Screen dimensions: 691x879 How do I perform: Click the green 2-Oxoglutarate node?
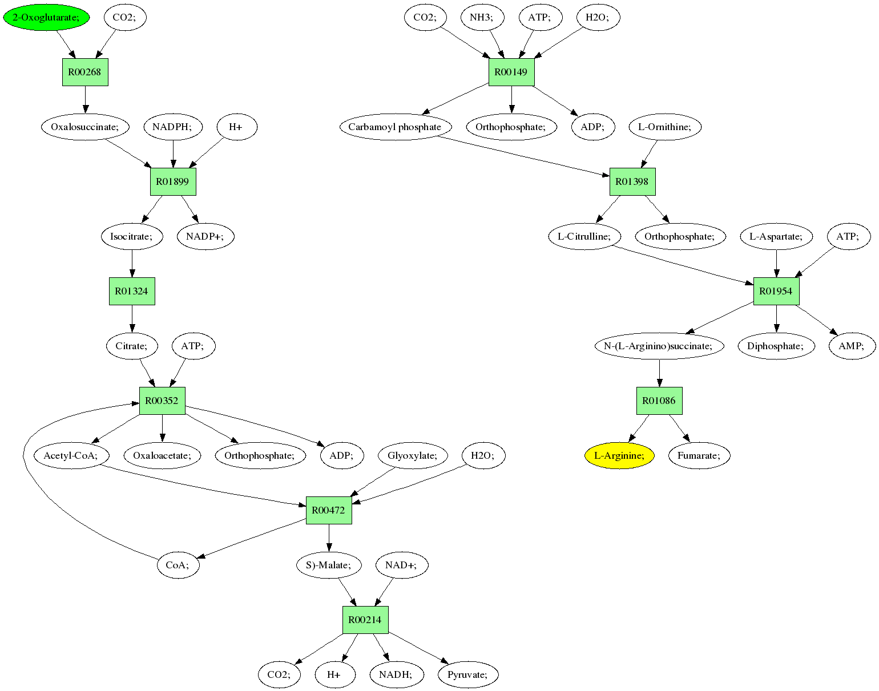(x=46, y=17)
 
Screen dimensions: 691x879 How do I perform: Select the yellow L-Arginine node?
(x=619, y=455)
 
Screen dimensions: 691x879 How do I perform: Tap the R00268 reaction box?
(x=85, y=72)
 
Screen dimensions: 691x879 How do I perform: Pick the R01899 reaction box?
(x=173, y=181)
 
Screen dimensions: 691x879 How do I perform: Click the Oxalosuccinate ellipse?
(x=85, y=127)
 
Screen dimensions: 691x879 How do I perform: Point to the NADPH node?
(x=173, y=127)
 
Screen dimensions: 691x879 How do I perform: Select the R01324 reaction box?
(x=132, y=291)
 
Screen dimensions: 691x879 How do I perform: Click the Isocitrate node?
(x=132, y=236)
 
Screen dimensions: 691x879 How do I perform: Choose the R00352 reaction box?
(x=162, y=401)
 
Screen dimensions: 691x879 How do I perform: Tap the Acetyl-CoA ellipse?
(x=71, y=455)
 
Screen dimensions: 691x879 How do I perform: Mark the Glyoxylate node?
(x=413, y=455)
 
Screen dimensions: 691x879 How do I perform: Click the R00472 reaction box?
(x=329, y=510)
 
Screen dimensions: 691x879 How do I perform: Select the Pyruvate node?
(x=468, y=674)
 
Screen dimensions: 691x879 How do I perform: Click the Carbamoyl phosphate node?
(x=396, y=127)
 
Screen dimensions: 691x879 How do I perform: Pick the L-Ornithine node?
(x=665, y=127)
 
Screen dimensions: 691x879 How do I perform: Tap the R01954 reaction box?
(x=776, y=291)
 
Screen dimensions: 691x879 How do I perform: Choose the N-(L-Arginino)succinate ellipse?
(x=659, y=346)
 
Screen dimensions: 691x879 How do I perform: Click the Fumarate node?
(x=699, y=455)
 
